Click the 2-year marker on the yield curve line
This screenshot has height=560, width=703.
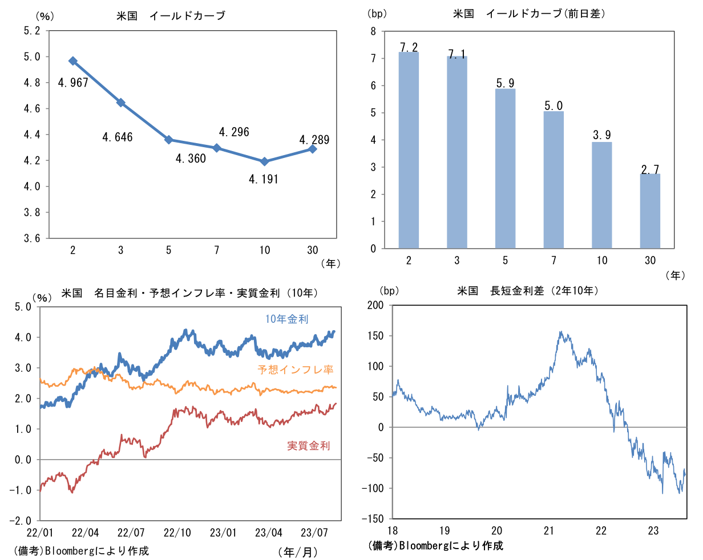pyautogui.click(x=73, y=61)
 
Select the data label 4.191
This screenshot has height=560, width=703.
pyautogui.click(x=263, y=179)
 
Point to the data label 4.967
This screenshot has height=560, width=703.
pyautogui.click(x=73, y=83)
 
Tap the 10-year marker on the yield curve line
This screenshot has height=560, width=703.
pyautogui.click(x=264, y=161)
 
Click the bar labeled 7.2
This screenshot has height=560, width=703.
pyautogui.click(x=409, y=150)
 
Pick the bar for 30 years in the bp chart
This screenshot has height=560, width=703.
pyautogui.click(x=650, y=211)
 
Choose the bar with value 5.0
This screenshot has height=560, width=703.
pyautogui.click(x=553, y=180)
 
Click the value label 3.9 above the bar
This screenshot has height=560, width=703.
pyautogui.click(x=602, y=135)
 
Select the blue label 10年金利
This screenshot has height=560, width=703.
pyautogui.click(x=286, y=319)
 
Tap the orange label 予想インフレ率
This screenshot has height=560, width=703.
pyautogui.click(x=296, y=370)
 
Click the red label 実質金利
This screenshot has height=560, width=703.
pyautogui.click(x=308, y=446)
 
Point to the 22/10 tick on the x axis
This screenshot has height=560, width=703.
pyautogui.click(x=177, y=533)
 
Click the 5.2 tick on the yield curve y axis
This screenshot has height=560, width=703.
pyautogui.click(x=32, y=31)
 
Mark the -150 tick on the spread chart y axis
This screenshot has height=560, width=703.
pyautogui.click(x=373, y=519)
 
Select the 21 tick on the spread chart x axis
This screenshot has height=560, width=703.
pyautogui.click(x=549, y=531)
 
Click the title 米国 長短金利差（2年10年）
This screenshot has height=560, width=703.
pyautogui.click(x=528, y=291)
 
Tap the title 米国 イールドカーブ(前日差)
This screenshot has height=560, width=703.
pyautogui.click(x=529, y=14)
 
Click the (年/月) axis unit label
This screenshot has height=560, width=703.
pyautogui.click(x=298, y=552)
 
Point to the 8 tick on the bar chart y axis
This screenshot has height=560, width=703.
pyautogui.click(x=373, y=31)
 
